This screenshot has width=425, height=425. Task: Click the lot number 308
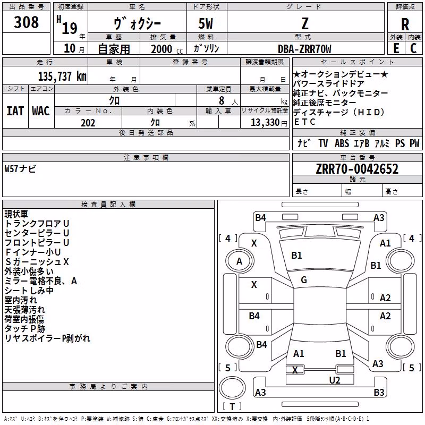(x=26, y=22)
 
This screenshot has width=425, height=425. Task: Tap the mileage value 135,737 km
(x=62, y=76)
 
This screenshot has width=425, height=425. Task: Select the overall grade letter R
(x=405, y=24)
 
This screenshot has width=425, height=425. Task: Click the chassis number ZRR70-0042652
(x=357, y=169)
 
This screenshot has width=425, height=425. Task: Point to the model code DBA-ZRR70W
(x=304, y=49)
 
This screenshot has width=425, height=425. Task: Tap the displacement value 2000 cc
(x=167, y=49)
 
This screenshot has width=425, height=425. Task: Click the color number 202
(x=88, y=123)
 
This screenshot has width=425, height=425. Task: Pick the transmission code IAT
(x=15, y=111)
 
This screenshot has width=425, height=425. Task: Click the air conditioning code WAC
(x=41, y=111)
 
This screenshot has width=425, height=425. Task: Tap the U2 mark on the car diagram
(x=335, y=380)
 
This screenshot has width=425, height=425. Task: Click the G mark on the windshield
(x=304, y=280)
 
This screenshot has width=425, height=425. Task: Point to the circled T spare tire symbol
(x=232, y=388)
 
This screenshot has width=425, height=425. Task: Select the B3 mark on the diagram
(x=379, y=392)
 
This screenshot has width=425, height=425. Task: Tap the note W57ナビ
(x=20, y=169)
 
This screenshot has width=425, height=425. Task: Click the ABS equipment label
(x=342, y=143)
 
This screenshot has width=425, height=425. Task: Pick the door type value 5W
(x=206, y=23)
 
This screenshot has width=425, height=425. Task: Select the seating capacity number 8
(x=222, y=100)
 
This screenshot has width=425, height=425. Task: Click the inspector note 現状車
(x=16, y=214)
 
